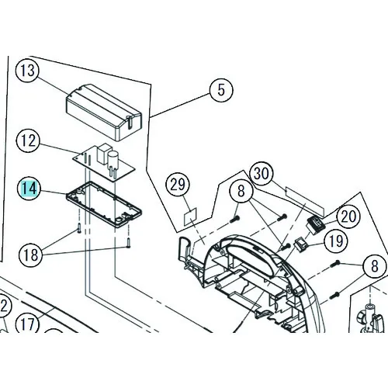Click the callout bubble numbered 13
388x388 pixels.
[28, 70]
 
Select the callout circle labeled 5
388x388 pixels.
[221, 90]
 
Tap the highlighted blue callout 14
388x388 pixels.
[29, 188]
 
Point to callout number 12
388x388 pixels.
[28, 141]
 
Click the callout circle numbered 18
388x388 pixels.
[30, 255]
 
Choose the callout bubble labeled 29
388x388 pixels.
[178, 185]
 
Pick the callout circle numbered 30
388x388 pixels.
[262, 173]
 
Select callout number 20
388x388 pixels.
[348, 217]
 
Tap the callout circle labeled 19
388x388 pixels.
[336, 241]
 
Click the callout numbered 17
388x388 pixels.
[28, 324]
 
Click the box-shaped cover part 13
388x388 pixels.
[104, 113]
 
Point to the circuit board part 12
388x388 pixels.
[104, 162]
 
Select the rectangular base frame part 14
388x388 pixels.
[104, 205]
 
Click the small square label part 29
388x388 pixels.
[190, 216]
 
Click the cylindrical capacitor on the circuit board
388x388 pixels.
[113, 162]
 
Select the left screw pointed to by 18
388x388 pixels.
[79, 228]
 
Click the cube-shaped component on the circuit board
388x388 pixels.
[102, 154]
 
